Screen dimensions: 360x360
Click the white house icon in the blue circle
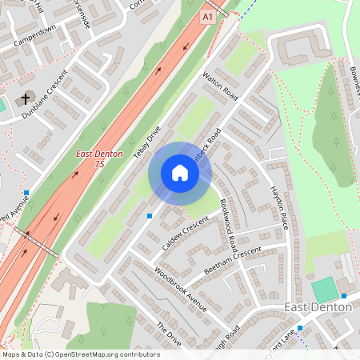(180, 173)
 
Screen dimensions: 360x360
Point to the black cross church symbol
(25, 99)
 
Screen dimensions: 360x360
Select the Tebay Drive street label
(147, 142)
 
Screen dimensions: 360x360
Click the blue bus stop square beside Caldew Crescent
(150, 215)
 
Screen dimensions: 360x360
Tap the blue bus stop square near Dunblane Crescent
(26, 193)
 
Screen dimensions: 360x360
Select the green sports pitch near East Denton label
(325, 289)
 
